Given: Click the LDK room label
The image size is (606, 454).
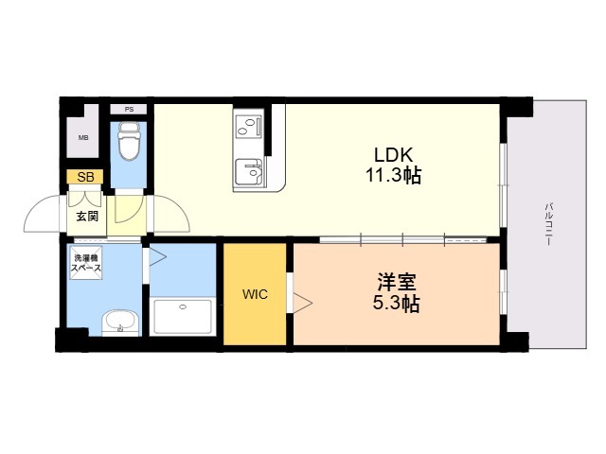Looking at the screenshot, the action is (x=394, y=155).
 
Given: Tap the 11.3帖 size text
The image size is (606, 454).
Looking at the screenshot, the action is (x=394, y=176).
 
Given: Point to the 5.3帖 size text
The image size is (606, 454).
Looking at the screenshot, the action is (x=397, y=304).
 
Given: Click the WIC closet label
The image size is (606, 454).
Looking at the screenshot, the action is (x=255, y=294).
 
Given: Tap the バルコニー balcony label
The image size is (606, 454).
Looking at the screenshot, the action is (x=548, y=224).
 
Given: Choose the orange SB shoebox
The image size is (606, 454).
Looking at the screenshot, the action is (x=85, y=177).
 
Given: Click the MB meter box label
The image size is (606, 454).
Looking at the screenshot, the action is (x=83, y=137).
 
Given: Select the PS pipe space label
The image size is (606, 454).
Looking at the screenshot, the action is (x=129, y=110).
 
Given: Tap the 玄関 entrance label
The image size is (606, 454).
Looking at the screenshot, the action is (x=87, y=217).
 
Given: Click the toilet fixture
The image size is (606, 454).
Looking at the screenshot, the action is (x=129, y=141).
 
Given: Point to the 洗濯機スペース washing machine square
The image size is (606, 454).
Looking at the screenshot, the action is (x=86, y=263).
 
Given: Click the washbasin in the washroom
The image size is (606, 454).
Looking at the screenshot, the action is (x=120, y=323).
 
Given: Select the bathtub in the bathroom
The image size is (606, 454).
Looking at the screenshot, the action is (x=183, y=317).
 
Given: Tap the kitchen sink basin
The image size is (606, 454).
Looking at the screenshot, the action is (x=248, y=172).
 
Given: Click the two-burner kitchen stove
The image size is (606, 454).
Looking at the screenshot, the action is (x=248, y=127).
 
